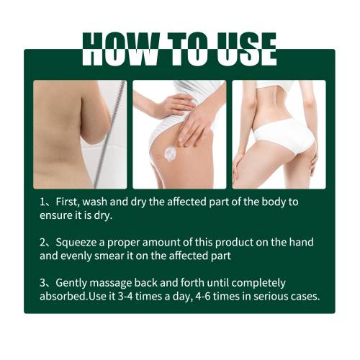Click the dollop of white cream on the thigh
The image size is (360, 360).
[x=170, y=153]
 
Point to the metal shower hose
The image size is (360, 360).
[x=109, y=135]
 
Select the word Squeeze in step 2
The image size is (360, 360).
[x=77, y=243]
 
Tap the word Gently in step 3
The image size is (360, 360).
[x=71, y=284]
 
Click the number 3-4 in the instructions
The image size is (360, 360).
[x=125, y=297]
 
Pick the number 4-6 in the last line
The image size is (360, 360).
[x=203, y=297]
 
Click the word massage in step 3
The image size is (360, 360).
[x=110, y=284]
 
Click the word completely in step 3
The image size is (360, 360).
[x=258, y=284]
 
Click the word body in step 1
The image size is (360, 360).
[x=274, y=202]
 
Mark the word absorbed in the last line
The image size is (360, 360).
[x=63, y=297]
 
